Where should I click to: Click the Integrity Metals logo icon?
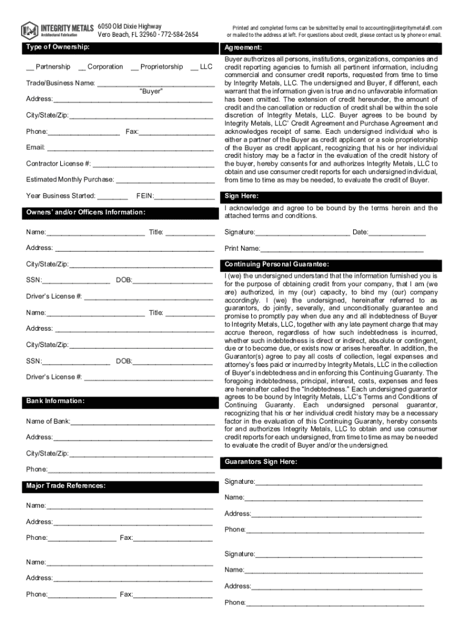[x=29, y=30]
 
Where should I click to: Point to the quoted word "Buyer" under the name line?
[x=151, y=91]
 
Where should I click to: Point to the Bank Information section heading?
[x=55, y=401]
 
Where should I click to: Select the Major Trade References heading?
[x=66, y=486]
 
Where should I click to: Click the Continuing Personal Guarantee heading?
[x=277, y=264]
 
